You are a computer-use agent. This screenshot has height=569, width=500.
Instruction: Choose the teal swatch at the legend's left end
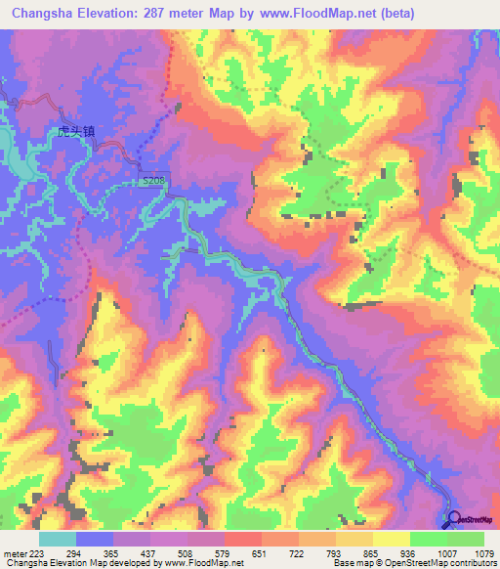tap(57, 539)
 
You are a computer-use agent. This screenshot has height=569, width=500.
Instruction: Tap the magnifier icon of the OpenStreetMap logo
tap(453, 520)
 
